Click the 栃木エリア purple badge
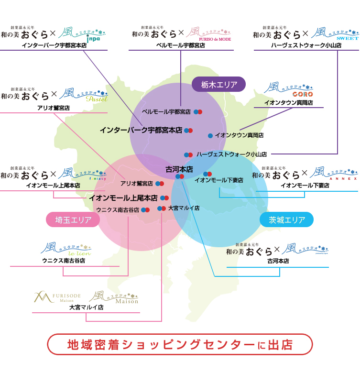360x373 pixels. [x=218, y=85]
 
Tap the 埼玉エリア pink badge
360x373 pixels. [x=72, y=219]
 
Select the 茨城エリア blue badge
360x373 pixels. [x=286, y=220]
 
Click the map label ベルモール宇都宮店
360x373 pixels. [x=166, y=111]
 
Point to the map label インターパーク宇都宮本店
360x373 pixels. [x=141, y=130]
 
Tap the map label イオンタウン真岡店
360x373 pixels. [x=239, y=135]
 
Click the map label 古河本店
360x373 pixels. [x=179, y=169]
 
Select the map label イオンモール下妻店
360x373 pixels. [x=218, y=180]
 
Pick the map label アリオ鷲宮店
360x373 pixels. [x=136, y=183]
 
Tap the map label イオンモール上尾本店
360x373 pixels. [x=123, y=197]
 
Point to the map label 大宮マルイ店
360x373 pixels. [x=184, y=208]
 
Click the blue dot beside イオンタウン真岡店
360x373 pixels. [x=210, y=136]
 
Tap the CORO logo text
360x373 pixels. [x=303, y=94]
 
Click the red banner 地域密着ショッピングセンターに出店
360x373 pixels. [x=180, y=344]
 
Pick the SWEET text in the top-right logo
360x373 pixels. [x=347, y=37]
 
